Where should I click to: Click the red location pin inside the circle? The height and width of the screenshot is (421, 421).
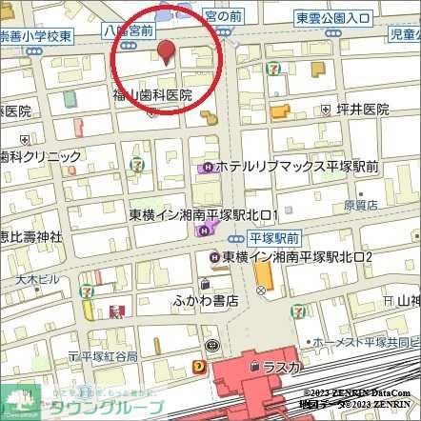[x=166, y=53]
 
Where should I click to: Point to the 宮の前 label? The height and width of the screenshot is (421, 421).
[x=223, y=15]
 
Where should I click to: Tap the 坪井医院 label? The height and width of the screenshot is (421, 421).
[x=362, y=110]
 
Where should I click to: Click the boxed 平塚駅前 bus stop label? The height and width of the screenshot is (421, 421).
[x=273, y=236]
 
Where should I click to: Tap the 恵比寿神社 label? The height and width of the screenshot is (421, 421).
[x=30, y=236]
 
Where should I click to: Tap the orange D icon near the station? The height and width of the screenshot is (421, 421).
[x=198, y=365]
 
